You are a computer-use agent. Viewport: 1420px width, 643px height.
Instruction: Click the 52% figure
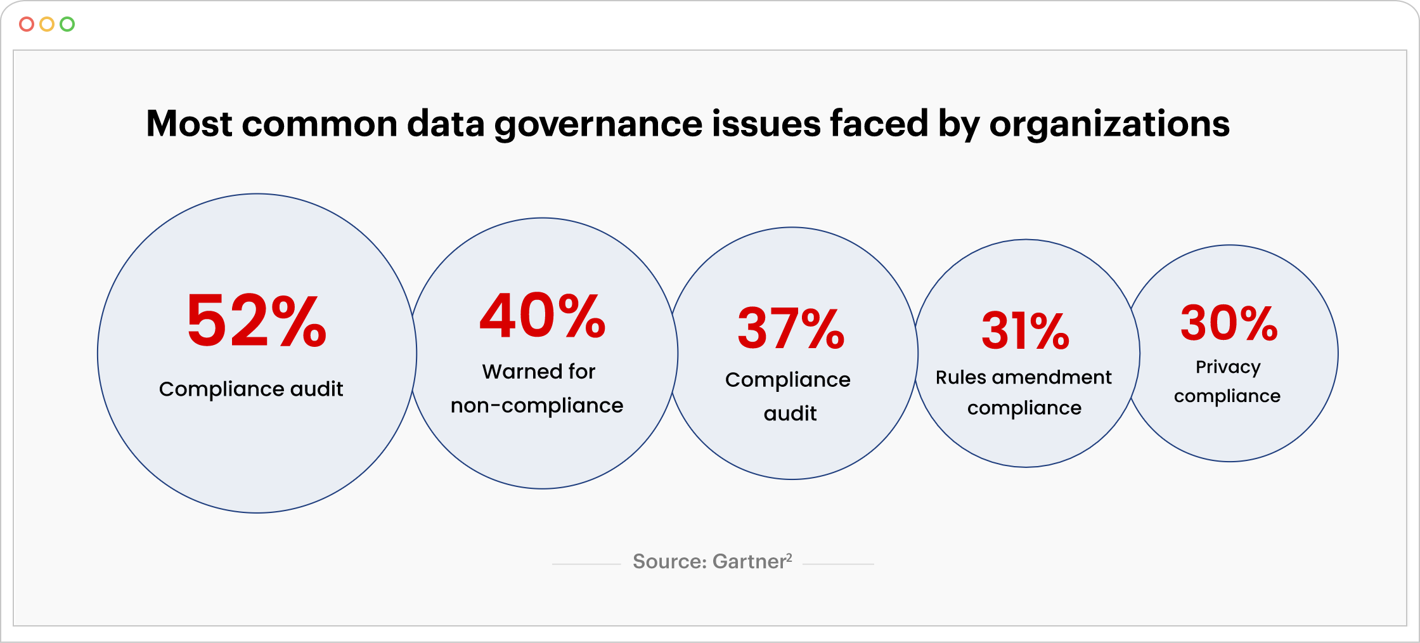coord(257,321)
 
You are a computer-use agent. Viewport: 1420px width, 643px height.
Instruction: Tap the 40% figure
coord(543,316)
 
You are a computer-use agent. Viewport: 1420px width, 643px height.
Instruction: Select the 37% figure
coord(791,328)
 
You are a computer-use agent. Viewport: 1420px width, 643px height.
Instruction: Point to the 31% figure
coord(1025,331)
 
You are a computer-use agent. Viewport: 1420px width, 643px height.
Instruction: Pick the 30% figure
coord(1229,323)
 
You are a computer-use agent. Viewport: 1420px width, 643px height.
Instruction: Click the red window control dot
coord(27,24)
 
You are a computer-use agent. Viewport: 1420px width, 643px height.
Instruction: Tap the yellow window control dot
coord(47,24)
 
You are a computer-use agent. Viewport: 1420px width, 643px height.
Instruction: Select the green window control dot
coord(67,24)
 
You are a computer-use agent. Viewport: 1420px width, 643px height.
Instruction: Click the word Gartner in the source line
coord(749,562)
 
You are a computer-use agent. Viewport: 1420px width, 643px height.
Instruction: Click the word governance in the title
coord(598,124)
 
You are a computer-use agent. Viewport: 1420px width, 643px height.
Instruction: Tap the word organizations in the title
coord(1109,124)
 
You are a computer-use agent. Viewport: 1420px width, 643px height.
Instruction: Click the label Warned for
coord(539,372)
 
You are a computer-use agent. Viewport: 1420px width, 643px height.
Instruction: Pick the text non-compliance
coord(537,406)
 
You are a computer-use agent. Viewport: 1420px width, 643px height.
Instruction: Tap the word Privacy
coord(1228,367)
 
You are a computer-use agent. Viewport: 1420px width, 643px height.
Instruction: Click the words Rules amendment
coord(1023,377)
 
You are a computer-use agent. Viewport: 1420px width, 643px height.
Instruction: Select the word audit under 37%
coord(790,413)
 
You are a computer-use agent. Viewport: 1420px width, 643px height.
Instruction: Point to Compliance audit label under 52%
coord(251,389)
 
